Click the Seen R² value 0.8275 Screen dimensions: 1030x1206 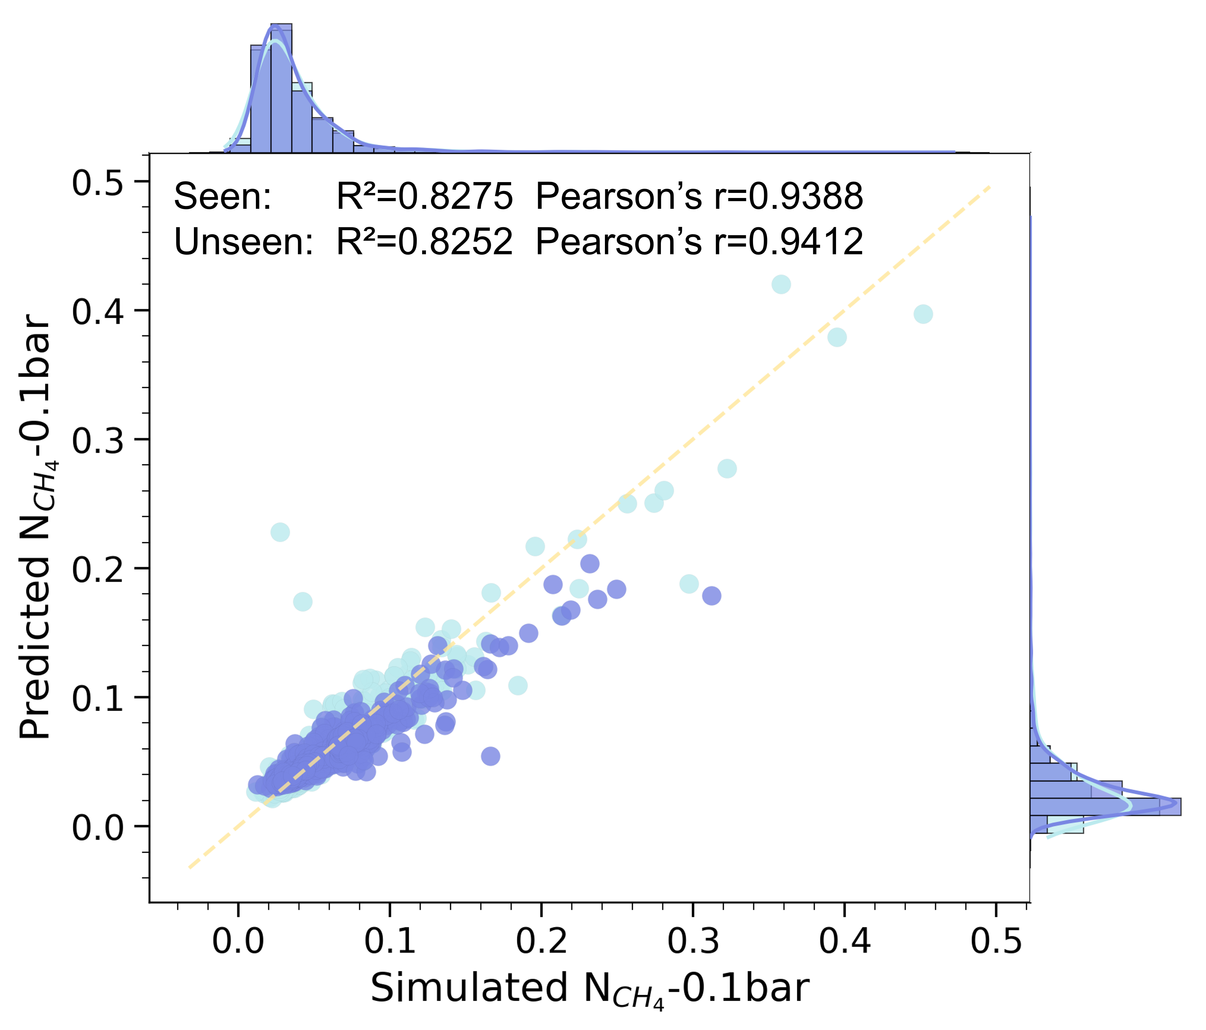[x=425, y=197]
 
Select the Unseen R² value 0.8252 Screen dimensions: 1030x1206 [x=425, y=242]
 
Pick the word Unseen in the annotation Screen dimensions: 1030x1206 [x=243, y=242]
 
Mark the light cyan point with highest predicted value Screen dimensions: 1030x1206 [x=781, y=284]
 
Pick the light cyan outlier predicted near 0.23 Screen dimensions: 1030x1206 [x=280, y=532]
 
